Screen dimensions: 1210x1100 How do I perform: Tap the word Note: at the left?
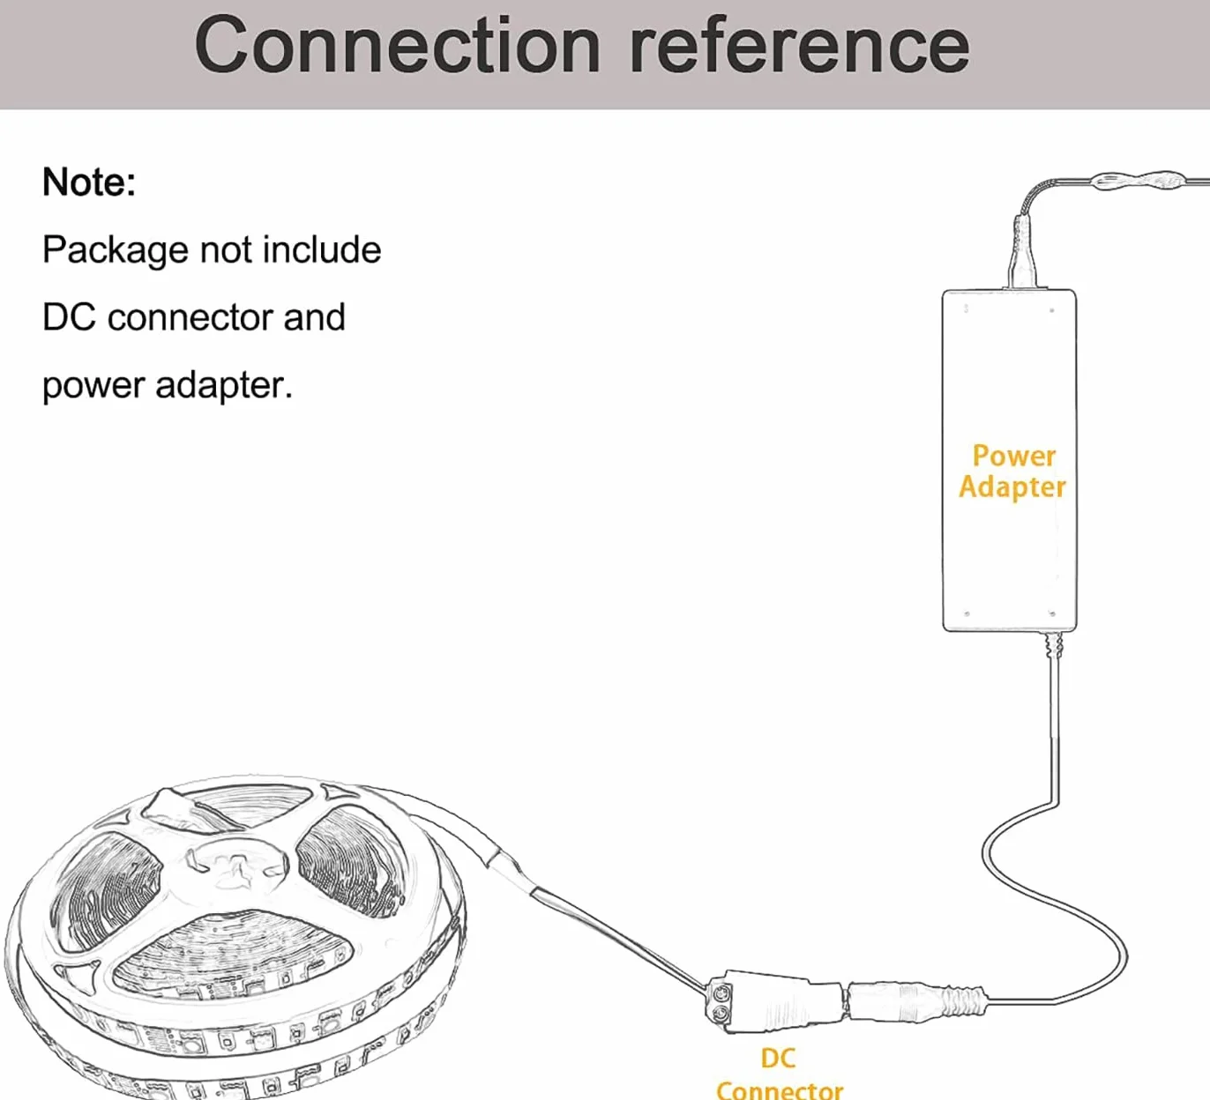89,182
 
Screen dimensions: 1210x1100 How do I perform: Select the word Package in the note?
116,251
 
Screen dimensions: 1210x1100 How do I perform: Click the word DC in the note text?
69,317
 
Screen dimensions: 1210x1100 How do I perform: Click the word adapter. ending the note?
224,386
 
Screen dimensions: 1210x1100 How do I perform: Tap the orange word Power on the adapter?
1014,457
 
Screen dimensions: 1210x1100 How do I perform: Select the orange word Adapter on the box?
1012,487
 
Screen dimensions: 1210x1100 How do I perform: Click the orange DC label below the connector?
778,1058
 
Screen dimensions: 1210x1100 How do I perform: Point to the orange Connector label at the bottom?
780,1089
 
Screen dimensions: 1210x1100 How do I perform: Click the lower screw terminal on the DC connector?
721,1013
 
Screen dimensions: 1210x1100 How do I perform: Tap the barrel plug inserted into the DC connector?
916,1001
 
